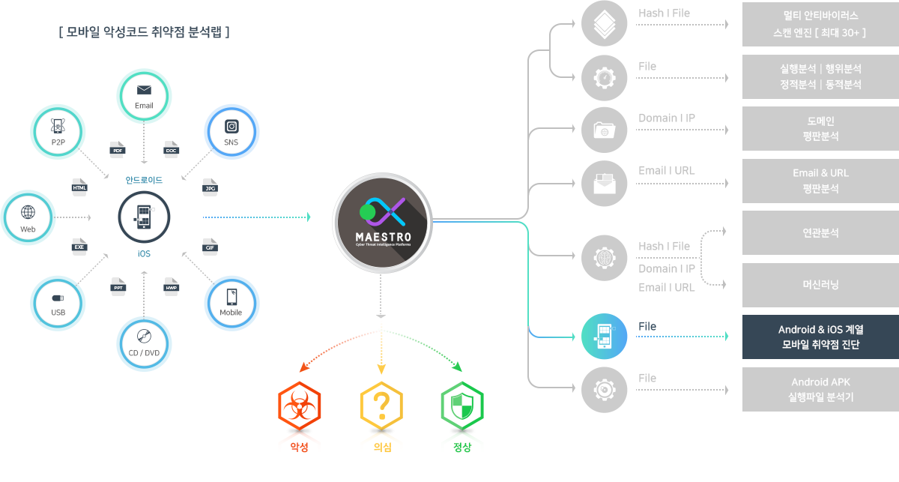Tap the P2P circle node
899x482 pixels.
(x=58, y=132)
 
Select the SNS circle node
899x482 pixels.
(x=231, y=132)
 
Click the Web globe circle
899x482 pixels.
(x=28, y=218)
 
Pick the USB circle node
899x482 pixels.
(x=58, y=304)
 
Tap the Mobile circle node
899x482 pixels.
(x=231, y=304)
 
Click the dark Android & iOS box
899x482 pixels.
(x=820, y=337)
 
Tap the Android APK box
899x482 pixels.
(x=820, y=389)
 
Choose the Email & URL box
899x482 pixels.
(x=820, y=181)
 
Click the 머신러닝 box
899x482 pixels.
(x=820, y=285)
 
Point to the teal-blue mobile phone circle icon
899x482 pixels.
(x=605, y=337)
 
